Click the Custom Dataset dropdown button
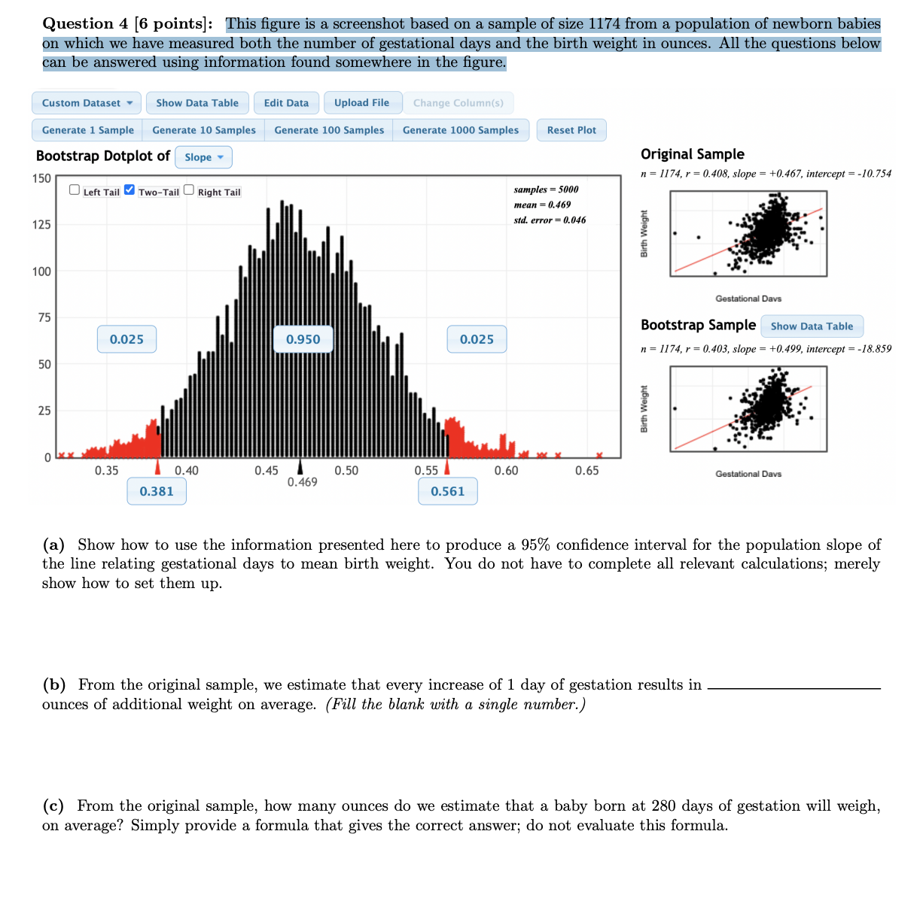(x=87, y=103)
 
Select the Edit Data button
(x=286, y=103)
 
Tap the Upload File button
(x=361, y=103)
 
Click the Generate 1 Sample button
(x=87, y=130)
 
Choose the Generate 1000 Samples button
(x=460, y=130)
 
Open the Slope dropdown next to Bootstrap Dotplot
(x=203, y=157)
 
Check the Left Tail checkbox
(x=75, y=190)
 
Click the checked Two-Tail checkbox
(x=129, y=190)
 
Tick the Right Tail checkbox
(x=189, y=190)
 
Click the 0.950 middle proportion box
(x=303, y=339)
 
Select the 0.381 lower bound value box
(x=157, y=491)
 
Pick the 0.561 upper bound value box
(x=447, y=491)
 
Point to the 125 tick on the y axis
(x=41, y=225)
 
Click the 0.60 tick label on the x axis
(x=506, y=471)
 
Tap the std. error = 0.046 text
(x=550, y=220)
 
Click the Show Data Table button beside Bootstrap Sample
(x=812, y=326)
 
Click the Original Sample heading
(x=692, y=154)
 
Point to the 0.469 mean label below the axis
(x=302, y=482)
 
